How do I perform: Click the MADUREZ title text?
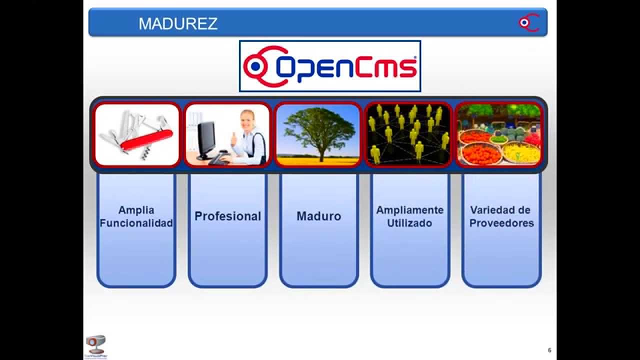(178, 23)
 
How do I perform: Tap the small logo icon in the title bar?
(528, 22)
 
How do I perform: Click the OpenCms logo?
(330, 66)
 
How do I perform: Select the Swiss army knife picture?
(136, 134)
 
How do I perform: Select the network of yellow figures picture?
(409, 134)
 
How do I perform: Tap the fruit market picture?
(499, 134)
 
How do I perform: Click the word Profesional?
(227, 216)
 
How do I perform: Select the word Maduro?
(318, 216)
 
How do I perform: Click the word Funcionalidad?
(136, 223)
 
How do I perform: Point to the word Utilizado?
(409, 223)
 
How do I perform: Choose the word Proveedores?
(501, 223)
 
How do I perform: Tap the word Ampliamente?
(409, 210)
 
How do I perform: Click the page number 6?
(549, 350)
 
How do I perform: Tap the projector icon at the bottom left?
(95, 344)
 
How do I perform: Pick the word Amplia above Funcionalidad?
(136, 210)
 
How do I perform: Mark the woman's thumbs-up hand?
(233, 138)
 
